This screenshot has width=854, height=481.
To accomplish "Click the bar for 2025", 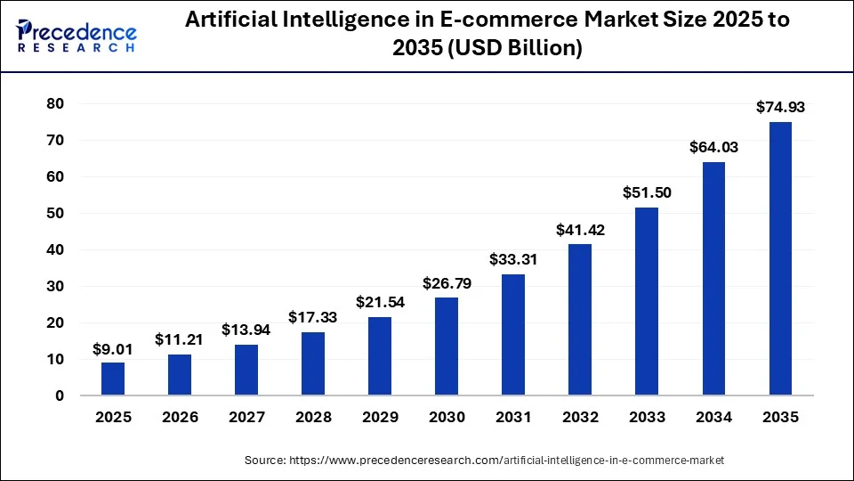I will pos(113,379).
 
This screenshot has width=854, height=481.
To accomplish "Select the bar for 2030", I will pos(447,346).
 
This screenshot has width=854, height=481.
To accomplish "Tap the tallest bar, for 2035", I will pos(780,258).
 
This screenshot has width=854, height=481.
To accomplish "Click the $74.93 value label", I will pos(780,108).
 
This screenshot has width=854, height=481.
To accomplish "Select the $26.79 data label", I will pos(447,283).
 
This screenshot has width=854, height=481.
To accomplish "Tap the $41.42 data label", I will pos(580,230).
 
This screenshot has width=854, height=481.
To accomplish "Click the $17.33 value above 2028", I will pos(313,317).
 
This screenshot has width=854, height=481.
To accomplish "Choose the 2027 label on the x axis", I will pos(246,418).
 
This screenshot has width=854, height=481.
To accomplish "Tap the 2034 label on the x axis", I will pos(713,418).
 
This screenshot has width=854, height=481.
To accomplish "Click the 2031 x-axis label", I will pos(513,418).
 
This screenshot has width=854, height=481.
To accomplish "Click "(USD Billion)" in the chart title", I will pos(515,49).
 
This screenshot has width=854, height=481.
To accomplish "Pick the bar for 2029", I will pos(380,356).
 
